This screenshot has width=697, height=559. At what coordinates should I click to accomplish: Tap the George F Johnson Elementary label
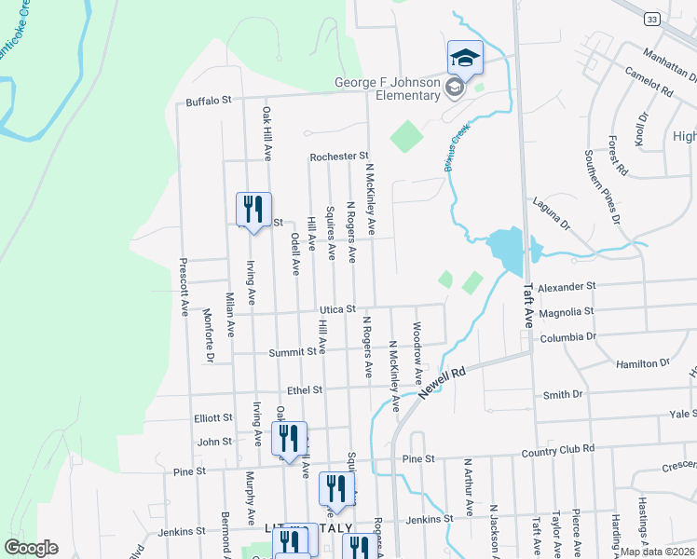coord(388,89)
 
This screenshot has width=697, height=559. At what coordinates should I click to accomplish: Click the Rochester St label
coord(340,157)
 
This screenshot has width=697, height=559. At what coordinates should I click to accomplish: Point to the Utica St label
coord(338,308)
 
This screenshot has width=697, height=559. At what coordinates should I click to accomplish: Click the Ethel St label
coord(304,390)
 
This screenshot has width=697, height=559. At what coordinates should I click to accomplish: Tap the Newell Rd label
coord(441,383)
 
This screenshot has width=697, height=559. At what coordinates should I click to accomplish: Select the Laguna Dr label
coord(550,212)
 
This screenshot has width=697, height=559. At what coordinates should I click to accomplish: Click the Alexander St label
coord(567,287)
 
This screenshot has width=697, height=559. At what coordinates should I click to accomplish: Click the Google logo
coord(32,547)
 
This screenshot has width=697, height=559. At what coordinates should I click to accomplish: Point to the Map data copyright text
coord(657,552)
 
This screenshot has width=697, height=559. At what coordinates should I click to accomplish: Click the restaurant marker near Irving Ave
coord(253,210)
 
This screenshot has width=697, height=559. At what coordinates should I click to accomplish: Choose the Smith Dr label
coord(563,394)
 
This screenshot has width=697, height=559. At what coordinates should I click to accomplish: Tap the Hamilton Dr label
coord(643,362)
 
